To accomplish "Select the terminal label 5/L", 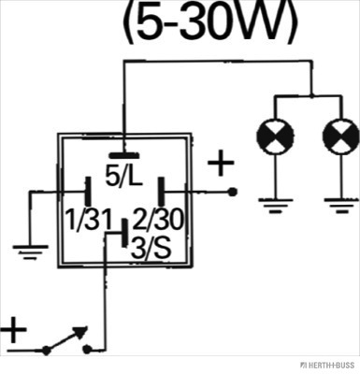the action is pyautogui.click(x=123, y=177).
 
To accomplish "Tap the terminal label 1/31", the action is pyautogui.click(x=89, y=221).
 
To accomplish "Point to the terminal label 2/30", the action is pyautogui.click(x=158, y=220).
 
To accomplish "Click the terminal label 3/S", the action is pyautogui.click(x=151, y=249).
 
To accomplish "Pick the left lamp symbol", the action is pyautogui.click(x=275, y=137).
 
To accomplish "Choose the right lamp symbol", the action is pyautogui.click(x=341, y=137).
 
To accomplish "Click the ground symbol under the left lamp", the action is pyautogui.click(x=275, y=206).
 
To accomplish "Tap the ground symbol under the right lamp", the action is pyautogui.click(x=341, y=206).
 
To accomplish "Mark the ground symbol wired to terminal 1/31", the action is pyautogui.click(x=30, y=252).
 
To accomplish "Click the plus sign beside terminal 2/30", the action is pyautogui.click(x=221, y=163).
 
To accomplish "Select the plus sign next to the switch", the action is pyautogui.click(x=12, y=330).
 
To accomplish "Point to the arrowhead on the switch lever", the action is pyautogui.click(x=81, y=331).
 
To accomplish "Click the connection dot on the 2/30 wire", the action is pyautogui.click(x=232, y=193).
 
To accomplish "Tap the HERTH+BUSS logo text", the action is pyautogui.click(x=327, y=365).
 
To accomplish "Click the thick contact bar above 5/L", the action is pyautogui.click(x=123, y=155).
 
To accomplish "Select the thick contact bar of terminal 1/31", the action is pyautogui.click(x=89, y=192).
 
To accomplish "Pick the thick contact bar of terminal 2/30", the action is pyautogui.click(x=161, y=193).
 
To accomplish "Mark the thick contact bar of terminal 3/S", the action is pyautogui.click(x=124, y=233).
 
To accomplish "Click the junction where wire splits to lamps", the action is pyautogui.click(x=311, y=95).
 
